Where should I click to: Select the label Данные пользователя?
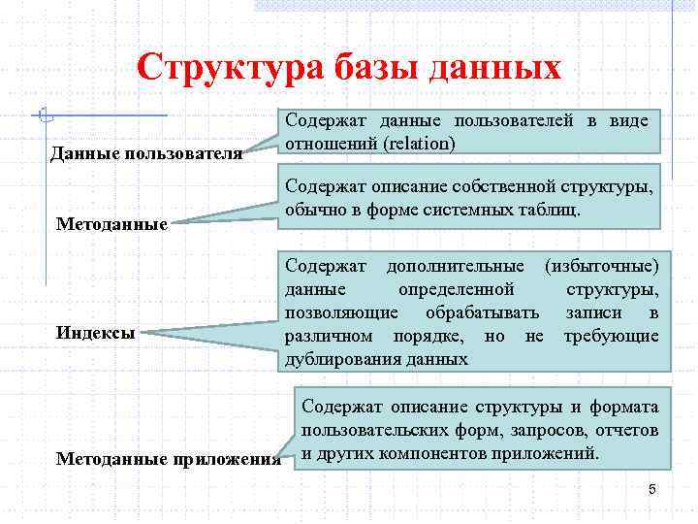coord(146,153)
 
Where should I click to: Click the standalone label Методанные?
coord(112,224)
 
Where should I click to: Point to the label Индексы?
coord(96,332)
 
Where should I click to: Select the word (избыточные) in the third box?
coord(602,266)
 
